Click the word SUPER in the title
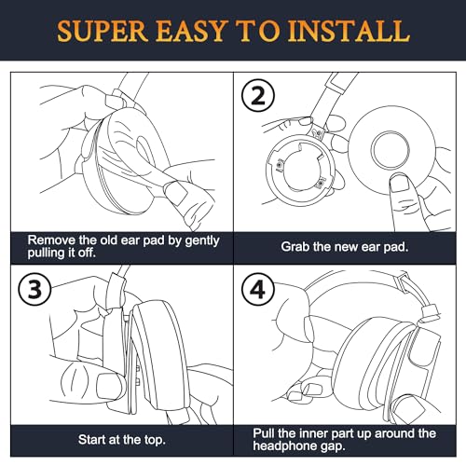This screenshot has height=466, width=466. click(103, 31)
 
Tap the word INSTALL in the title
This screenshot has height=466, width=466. click(349, 31)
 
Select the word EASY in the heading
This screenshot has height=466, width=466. click(190, 31)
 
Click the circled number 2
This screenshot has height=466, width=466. click(258, 95)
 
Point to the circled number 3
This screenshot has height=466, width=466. click(34, 290)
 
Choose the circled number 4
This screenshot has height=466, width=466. click(258, 290)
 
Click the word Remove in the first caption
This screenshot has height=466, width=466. click(51, 240)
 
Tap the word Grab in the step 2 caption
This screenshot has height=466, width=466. click(295, 247)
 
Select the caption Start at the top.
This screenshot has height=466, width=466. click(122, 440)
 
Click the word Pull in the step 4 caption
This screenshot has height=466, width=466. click(264, 433)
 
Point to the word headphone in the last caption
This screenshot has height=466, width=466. click(285, 446)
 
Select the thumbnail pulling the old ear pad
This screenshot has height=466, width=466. click(175, 193)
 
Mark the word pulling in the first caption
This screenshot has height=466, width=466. click(46, 253)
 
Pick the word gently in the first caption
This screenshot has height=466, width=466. click(202, 240)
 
